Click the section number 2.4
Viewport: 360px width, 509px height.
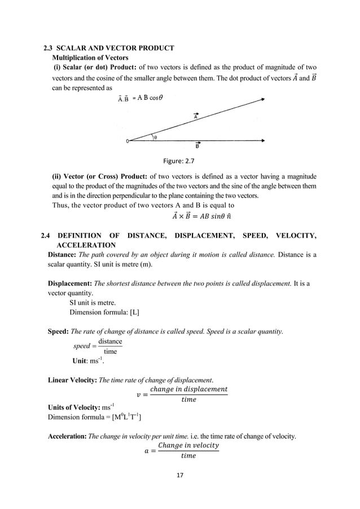point(47,236)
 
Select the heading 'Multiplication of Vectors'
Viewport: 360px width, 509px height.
point(90,58)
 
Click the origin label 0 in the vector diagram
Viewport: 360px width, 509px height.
point(127,141)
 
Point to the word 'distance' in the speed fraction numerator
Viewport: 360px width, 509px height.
point(110,342)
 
